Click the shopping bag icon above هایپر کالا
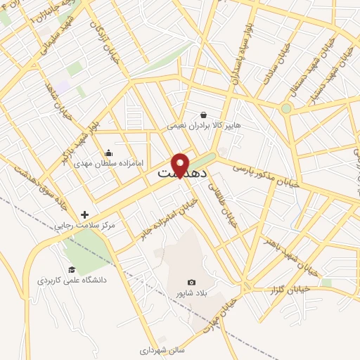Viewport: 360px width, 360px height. point(203,115)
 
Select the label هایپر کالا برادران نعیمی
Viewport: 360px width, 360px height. point(203,126)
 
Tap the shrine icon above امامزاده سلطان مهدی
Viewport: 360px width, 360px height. point(108,153)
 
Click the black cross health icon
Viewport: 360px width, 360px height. point(85,214)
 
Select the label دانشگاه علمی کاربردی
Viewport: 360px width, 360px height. point(72,281)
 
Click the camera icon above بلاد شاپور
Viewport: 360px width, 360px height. point(191,282)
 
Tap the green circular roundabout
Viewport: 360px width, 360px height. point(286,108)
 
